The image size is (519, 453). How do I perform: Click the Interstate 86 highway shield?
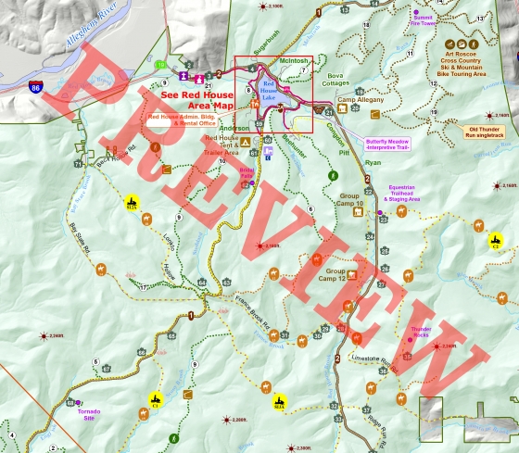click(x=35, y=87)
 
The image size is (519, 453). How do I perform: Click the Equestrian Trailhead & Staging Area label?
click(x=404, y=192)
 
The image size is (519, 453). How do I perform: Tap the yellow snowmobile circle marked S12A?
click(x=131, y=203)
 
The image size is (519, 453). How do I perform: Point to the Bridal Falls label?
click(x=247, y=173)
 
